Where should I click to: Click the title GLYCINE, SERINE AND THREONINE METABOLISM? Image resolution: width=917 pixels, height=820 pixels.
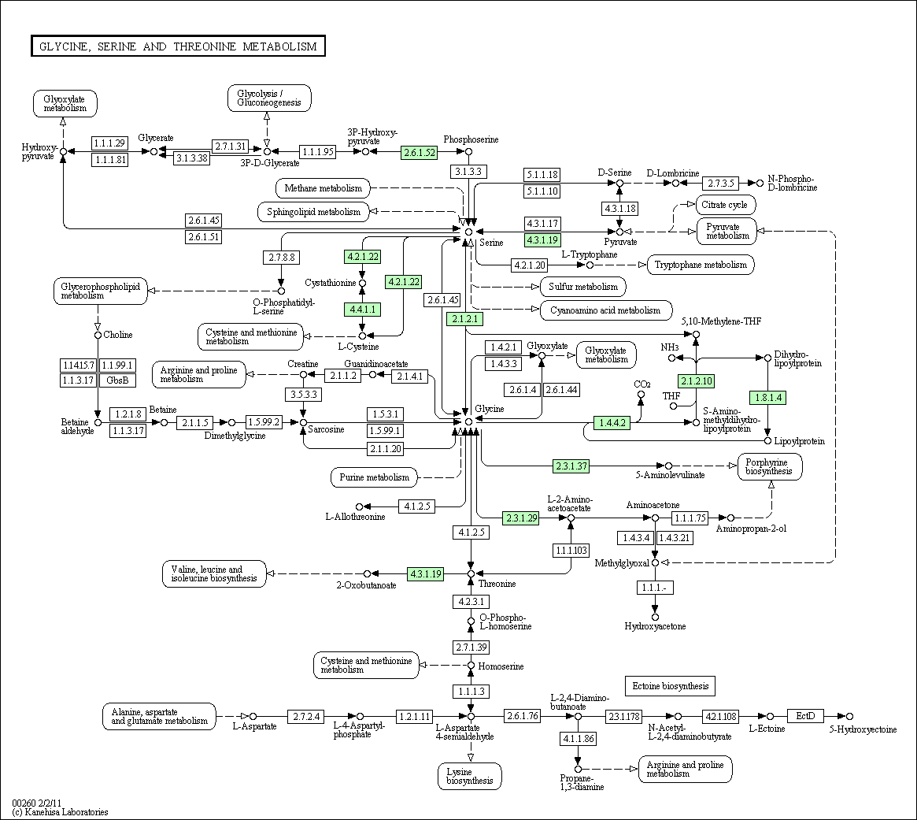pyautogui.click(x=178, y=46)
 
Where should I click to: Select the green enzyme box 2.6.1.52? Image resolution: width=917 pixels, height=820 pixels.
pyautogui.click(x=419, y=152)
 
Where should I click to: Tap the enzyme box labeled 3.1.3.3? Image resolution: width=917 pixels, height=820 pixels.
pyautogui.click(x=469, y=171)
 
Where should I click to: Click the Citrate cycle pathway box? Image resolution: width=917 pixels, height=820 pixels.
pyautogui.click(x=726, y=205)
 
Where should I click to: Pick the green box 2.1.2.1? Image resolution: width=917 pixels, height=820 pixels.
pyautogui.click(x=465, y=319)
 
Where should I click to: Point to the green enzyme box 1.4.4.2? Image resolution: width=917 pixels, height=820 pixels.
pyautogui.click(x=612, y=422)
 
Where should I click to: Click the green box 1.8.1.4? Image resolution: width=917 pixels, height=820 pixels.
pyautogui.click(x=768, y=398)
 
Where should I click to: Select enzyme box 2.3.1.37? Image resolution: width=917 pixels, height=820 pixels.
pyautogui.click(x=571, y=466)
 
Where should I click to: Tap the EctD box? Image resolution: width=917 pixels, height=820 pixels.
pyautogui.click(x=805, y=716)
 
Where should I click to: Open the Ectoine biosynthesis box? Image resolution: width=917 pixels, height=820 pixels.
pyautogui.click(x=670, y=686)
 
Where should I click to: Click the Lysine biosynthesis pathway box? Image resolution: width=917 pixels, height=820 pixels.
pyautogui.click(x=470, y=776)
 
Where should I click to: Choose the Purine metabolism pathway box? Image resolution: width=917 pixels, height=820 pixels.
pyautogui.click(x=374, y=477)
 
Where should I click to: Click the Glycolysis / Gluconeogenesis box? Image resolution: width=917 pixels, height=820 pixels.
pyautogui.click(x=269, y=98)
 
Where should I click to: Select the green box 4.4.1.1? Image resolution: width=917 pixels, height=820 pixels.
pyautogui.click(x=362, y=310)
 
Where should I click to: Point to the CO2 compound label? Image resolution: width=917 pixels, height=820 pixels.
pyautogui.click(x=642, y=384)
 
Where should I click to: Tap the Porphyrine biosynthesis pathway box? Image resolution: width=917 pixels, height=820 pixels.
pyautogui.click(x=770, y=466)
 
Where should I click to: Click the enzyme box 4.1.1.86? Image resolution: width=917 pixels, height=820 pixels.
pyautogui.click(x=578, y=739)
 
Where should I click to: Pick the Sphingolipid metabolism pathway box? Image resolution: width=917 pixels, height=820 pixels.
pyautogui.click(x=313, y=211)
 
